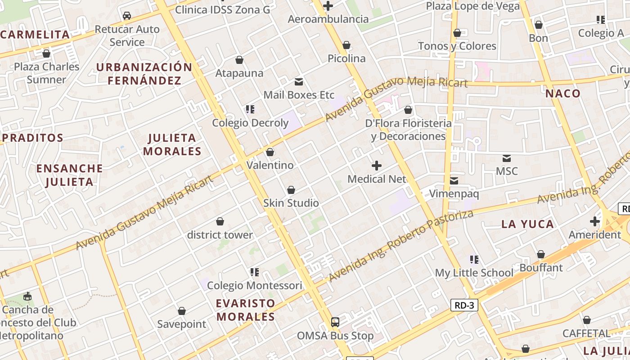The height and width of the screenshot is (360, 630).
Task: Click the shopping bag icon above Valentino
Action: coord(270,152)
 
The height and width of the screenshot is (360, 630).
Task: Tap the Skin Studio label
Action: coord(291,203)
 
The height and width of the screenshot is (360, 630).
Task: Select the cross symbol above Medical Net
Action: coord(377,166)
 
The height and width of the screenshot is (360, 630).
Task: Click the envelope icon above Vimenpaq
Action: coord(454,181)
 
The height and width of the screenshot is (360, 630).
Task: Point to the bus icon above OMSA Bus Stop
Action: coord(335,322)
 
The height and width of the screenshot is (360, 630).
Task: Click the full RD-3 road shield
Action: coord(464,306)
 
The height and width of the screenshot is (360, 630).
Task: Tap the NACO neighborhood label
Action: coord(563,94)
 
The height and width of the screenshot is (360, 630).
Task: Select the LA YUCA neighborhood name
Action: coord(527,224)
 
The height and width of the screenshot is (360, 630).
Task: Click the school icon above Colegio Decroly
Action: coord(250,109)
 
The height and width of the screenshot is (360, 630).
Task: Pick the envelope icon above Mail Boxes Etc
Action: coord(299,82)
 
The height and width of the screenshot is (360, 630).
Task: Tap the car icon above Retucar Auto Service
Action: coord(127,16)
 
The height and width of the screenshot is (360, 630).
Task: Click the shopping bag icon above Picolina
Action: coord(346,45)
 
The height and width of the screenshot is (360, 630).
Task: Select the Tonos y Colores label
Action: coord(457,46)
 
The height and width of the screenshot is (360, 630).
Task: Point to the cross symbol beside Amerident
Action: coord(595,221)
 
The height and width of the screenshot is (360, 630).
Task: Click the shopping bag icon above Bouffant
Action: coord(541,255)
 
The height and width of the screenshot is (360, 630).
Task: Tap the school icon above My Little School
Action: coord(474,260)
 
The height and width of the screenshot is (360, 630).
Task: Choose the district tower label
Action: coord(220,235)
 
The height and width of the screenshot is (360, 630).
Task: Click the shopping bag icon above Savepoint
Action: coord(182,311)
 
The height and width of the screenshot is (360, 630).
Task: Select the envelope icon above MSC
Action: coord(507,158)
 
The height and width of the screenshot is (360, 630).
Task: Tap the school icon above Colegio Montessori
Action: coord(255,272)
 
